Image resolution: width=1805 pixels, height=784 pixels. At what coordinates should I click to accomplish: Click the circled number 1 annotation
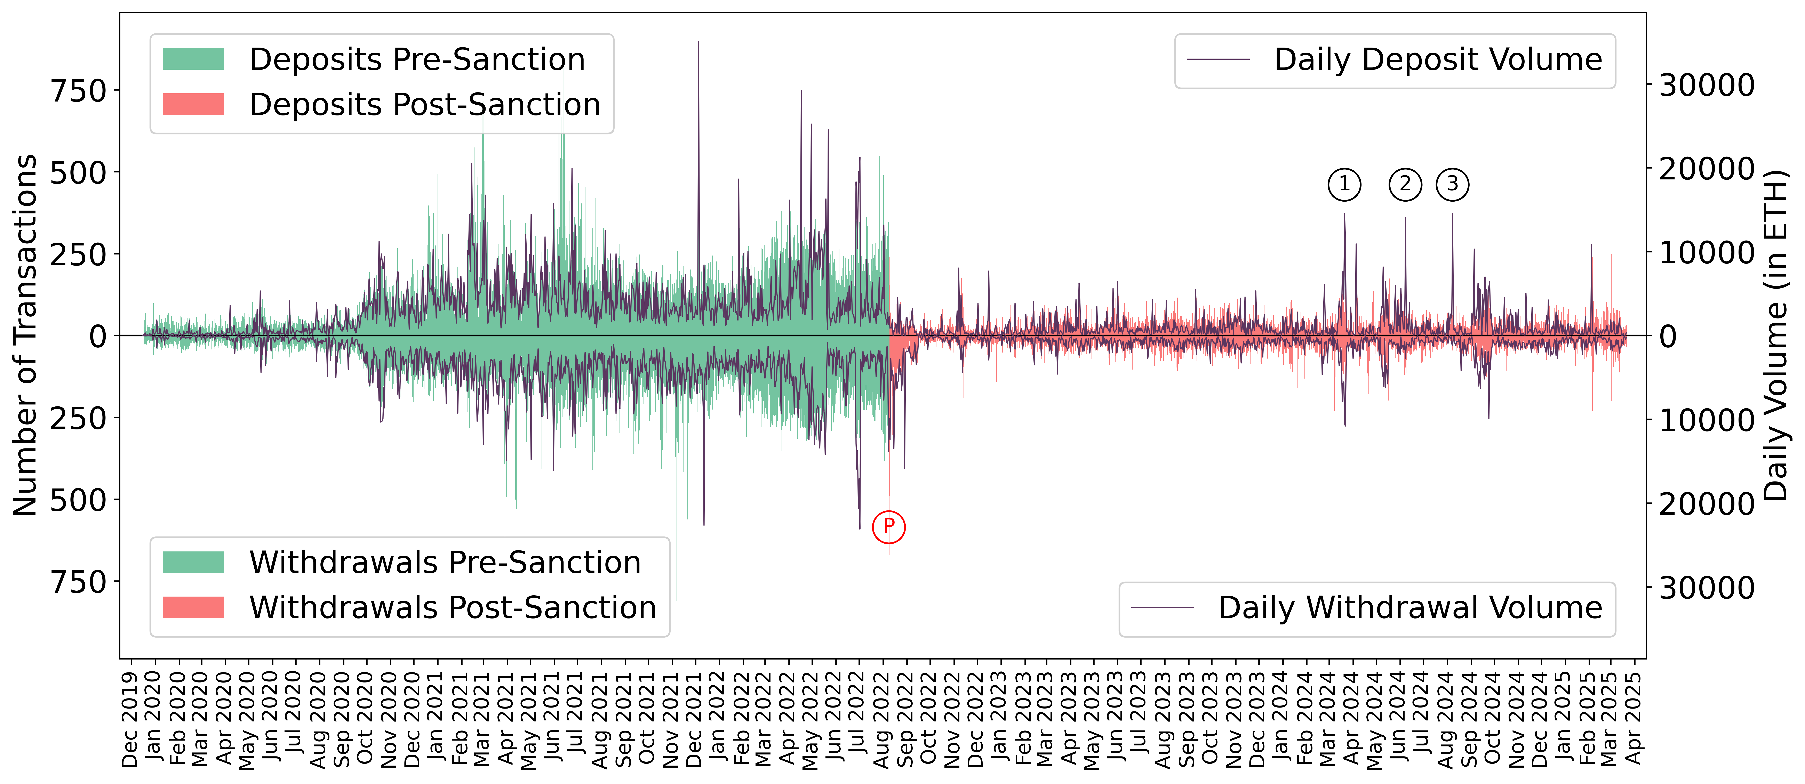(x=1344, y=184)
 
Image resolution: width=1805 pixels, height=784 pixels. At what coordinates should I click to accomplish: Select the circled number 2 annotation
(x=1405, y=184)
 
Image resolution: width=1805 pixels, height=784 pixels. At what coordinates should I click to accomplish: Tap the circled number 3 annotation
(x=1453, y=184)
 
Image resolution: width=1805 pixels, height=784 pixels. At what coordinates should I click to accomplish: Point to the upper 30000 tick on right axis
(x=1706, y=86)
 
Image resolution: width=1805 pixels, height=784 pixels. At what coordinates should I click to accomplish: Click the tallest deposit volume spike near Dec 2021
(x=698, y=43)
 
